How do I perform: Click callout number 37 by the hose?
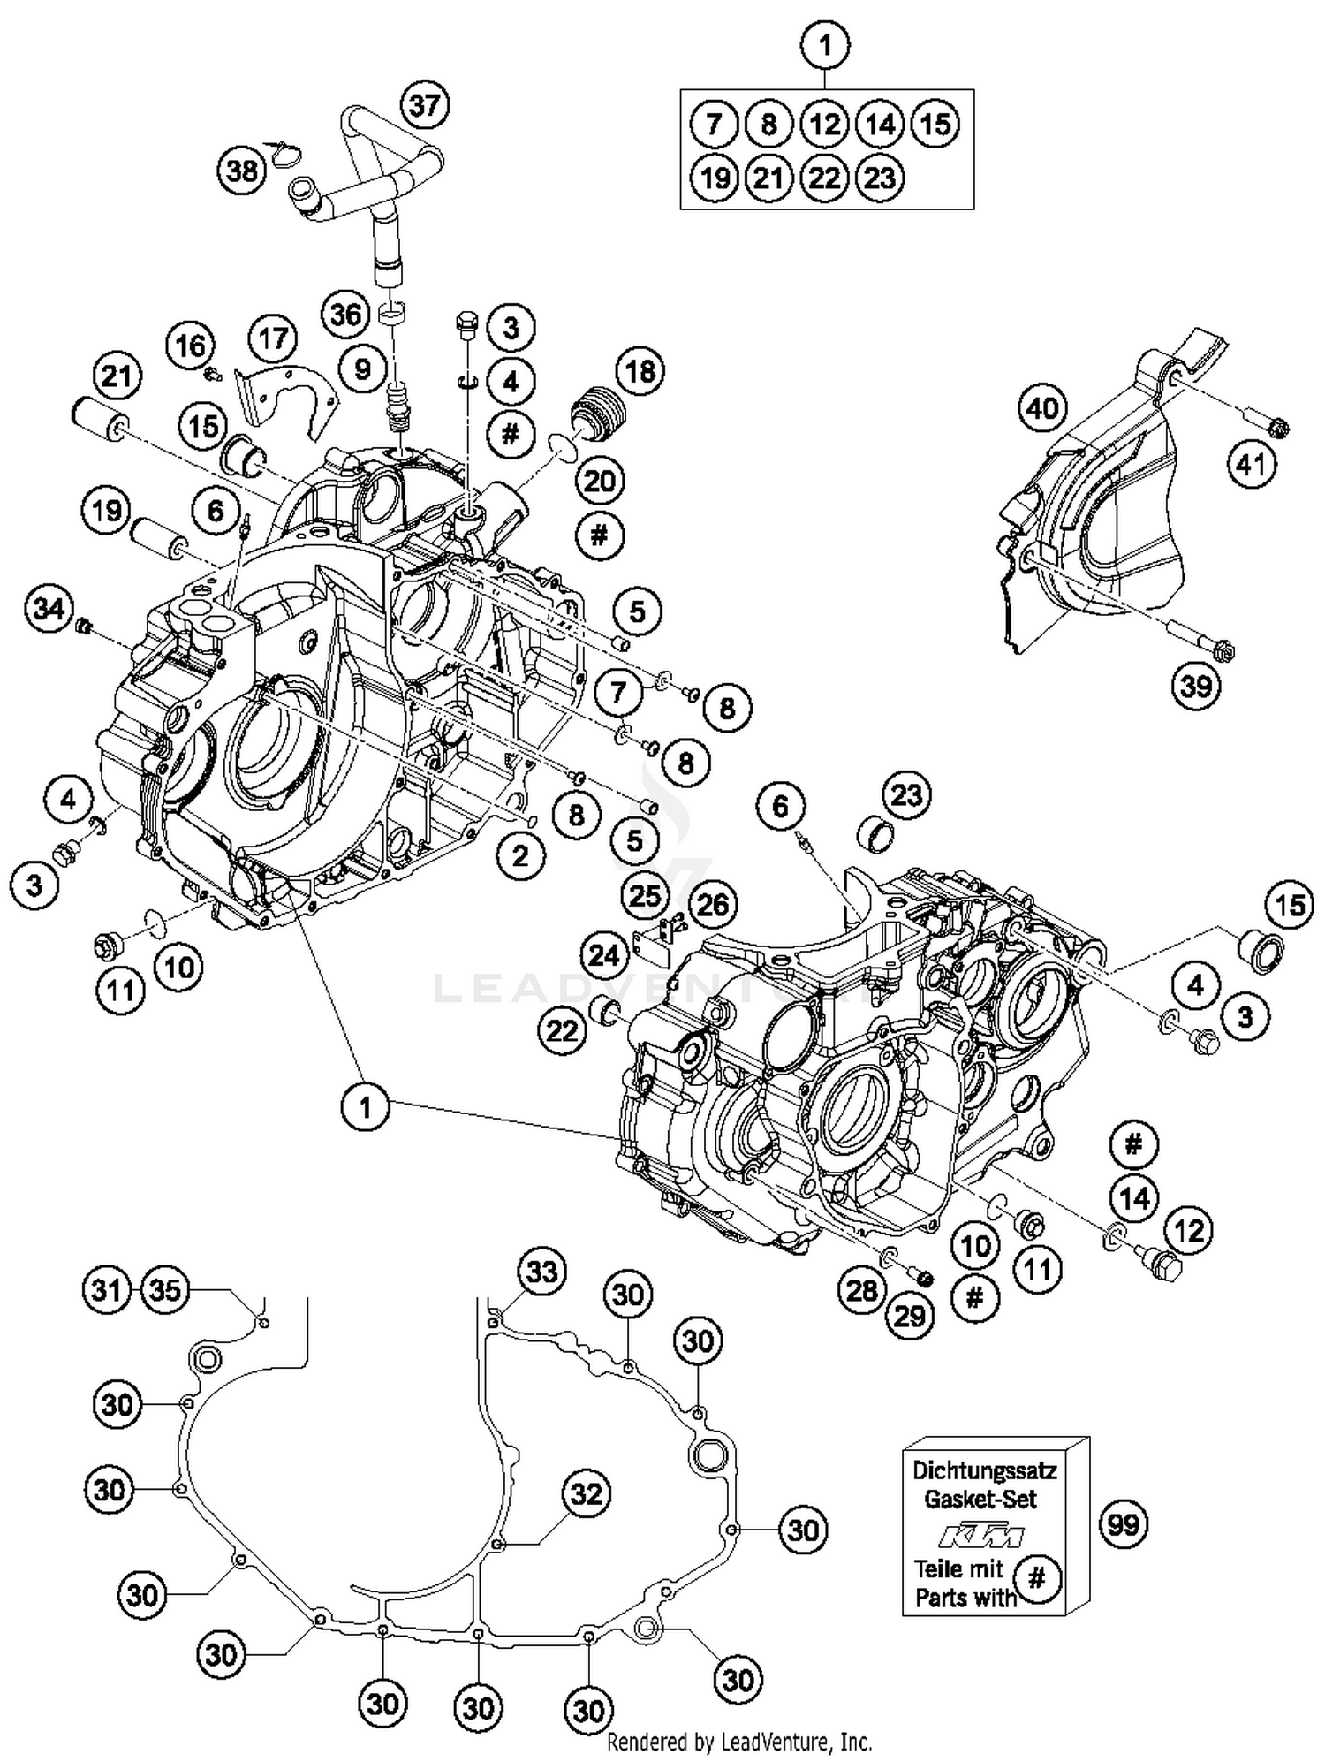point(425,106)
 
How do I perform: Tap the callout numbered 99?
point(1124,1524)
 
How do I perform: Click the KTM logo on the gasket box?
point(980,1537)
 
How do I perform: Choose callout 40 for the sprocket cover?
point(1042,408)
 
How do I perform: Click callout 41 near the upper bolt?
point(1251,463)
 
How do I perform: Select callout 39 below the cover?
point(1196,685)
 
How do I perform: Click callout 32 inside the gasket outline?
point(587,1494)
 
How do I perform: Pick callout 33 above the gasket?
point(541,1272)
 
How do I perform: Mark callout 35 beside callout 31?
point(165,1290)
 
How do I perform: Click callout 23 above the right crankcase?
point(906,795)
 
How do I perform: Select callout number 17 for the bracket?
point(273,338)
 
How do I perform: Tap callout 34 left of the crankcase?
point(49,608)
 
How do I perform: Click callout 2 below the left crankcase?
point(519,854)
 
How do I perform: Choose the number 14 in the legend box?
point(879,124)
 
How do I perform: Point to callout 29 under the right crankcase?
point(910,1316)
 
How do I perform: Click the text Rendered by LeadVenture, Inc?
point(739,1743)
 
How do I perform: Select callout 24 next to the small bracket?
point(604,955)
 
